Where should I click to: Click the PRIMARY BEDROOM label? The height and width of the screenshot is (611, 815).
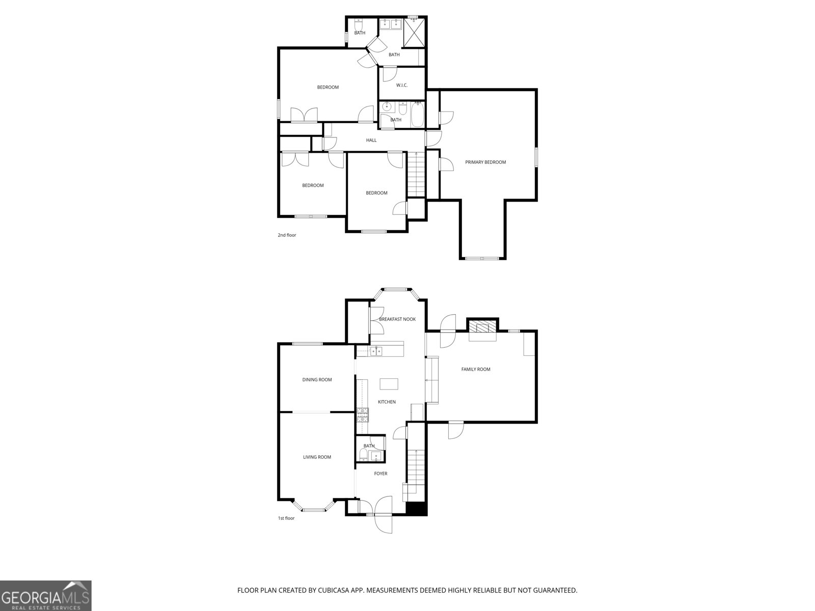click(x=485, y=162)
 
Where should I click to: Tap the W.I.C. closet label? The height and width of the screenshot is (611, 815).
click(x=401, y=85)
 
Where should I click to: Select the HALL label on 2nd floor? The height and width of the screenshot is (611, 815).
click(x=371, y=140)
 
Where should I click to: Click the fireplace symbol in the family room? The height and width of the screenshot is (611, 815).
click(x=482, y=327)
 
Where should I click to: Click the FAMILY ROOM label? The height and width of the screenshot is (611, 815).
click(x=475, y=369)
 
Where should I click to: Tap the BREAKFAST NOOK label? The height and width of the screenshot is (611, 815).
click(x=397, y=319)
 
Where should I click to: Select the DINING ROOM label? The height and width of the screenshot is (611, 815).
click(x=317, y=379)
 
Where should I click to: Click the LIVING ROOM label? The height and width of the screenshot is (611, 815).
click(x=317, y=457)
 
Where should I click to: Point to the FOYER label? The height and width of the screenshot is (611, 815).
click(x=381, y=474)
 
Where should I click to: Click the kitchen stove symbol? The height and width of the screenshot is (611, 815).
click(x=362, y=415)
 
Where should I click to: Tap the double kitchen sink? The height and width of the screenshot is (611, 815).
click(x=376, y=350)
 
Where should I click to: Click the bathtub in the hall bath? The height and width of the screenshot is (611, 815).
click(x=417, y=115)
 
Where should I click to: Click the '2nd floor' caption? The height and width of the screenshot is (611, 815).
click(x=286, y=235)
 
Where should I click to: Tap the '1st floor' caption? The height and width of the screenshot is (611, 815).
click(x=286, y=518)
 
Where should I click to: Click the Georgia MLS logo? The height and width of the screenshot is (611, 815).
click(x=46, y=596)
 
